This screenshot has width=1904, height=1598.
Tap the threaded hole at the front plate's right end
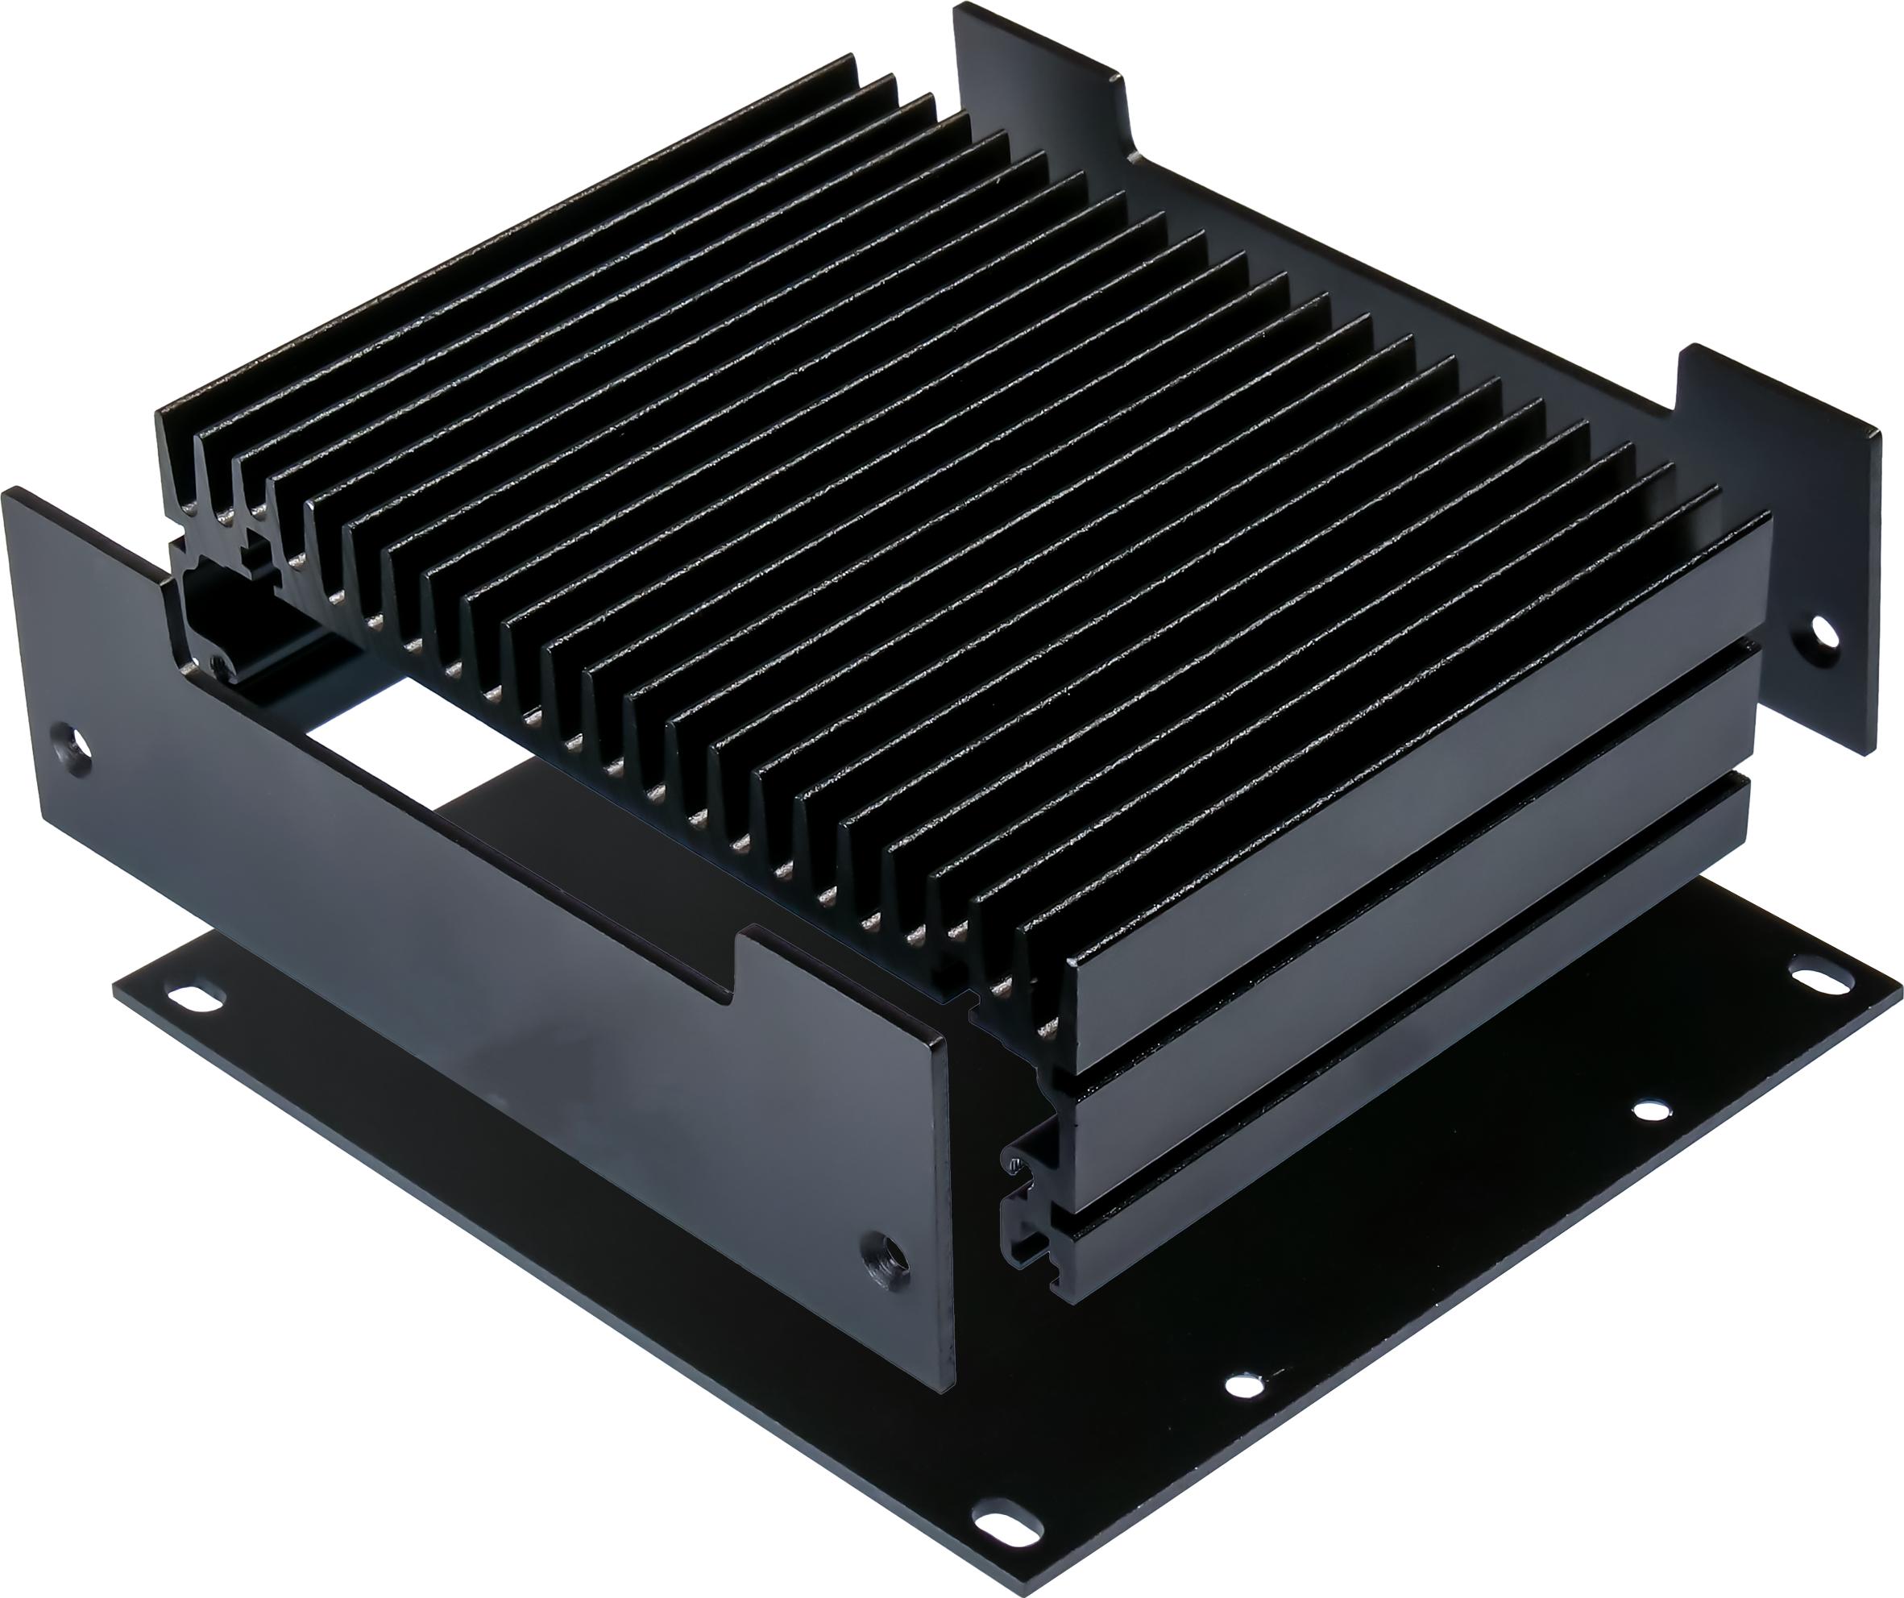[883, 1264]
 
